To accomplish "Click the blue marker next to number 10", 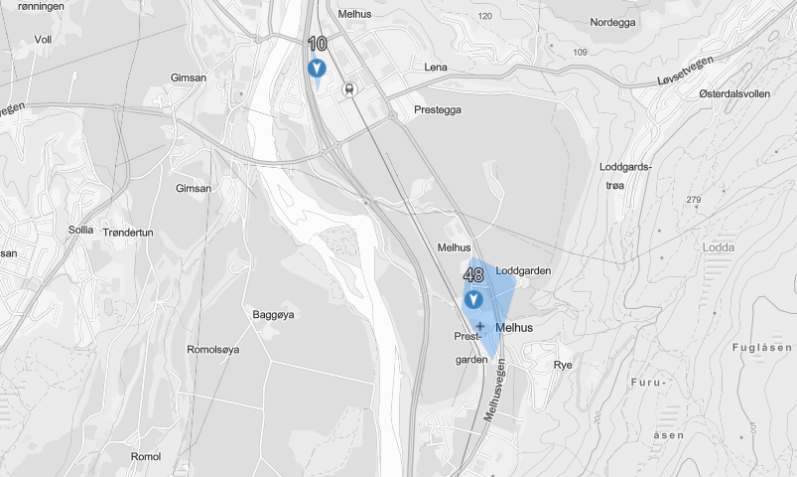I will click(x=317, y=69).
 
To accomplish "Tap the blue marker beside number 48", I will click(x=474, y=299).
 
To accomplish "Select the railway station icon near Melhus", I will click(x=348, y=88).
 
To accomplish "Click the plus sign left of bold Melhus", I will click(x=479, y=326).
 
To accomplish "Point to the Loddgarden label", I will click(x=522, y=270).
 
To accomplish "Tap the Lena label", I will click(x=435, y=68).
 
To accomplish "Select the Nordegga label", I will click(x=611, y=22).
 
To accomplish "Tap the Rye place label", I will click(x=563, y=365).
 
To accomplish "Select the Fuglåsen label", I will click(x=760, y=347).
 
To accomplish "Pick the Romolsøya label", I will click(x=212, y=350).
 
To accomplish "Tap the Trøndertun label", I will click(x=128, y=231).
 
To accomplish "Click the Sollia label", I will click(x=81, y=230).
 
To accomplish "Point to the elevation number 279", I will click(x=693, y=201).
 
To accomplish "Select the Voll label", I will click(x=43, y=40).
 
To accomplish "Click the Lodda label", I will click(x=718, y=246).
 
